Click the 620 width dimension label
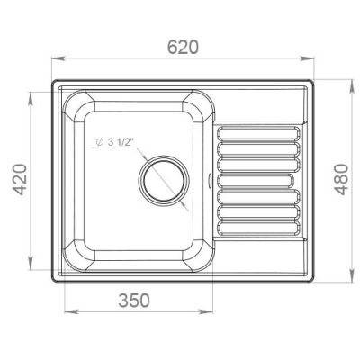click(183, 47)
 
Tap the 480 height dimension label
click(341, 179)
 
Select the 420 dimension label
click(21, 179)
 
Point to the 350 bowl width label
click(134, 301)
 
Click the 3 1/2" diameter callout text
click(120, 142)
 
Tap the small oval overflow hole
click(210, 180)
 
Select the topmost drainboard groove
click(259, 133)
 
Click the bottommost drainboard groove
click(259, 228)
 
